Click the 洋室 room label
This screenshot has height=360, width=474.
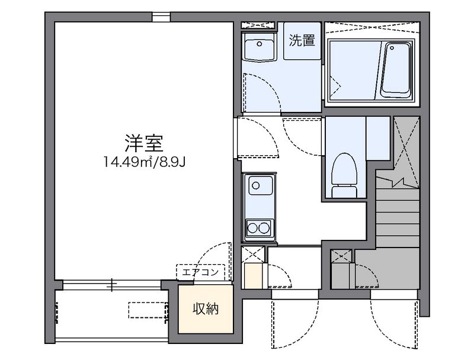145,143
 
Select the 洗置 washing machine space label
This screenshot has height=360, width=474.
302,41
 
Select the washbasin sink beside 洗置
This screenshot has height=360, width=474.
258,47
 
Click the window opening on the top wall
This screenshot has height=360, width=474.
161,17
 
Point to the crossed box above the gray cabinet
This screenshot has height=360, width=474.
341,256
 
